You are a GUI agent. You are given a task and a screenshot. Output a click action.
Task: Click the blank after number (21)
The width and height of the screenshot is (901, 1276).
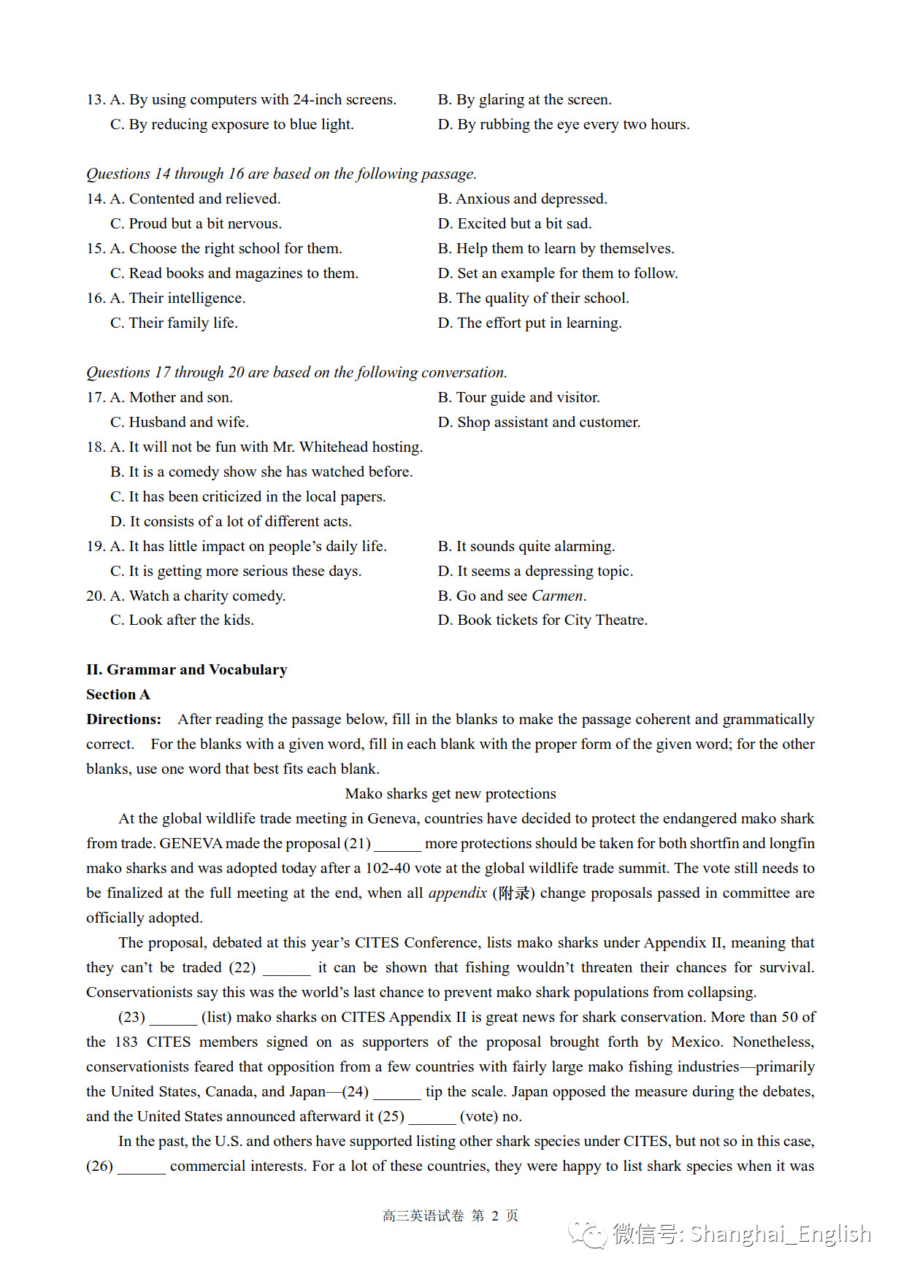pyautogui.click(x=397, y=845)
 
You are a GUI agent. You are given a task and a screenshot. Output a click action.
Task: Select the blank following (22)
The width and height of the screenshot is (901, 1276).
pyautogui.click(x=286, y=969)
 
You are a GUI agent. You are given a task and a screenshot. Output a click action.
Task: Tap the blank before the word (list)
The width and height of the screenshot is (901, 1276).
pyautogui.click(x=173, y=1018)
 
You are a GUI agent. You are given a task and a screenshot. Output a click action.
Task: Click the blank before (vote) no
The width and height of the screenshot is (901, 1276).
pyautogui.click(x=432, y=1118)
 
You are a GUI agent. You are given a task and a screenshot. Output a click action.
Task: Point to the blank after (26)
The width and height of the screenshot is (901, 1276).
pyautogui.click(x=142, y=1167)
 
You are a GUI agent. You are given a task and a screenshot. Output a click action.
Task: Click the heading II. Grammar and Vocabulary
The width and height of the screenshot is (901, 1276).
pyautogui.click(x=187, y=669)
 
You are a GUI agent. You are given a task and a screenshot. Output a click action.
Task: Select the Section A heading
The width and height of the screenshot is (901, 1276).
pyautogui.click(x=118, y=694)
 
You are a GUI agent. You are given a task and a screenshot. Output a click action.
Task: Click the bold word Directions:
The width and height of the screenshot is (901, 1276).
pyautogui.click(x=123, y=719)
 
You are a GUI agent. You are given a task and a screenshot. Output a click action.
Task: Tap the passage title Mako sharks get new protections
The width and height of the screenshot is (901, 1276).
pyautogui.click(x=451, y=793)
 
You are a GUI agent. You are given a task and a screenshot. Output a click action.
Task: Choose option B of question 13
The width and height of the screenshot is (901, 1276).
pyautogui.click(x=524, y=99)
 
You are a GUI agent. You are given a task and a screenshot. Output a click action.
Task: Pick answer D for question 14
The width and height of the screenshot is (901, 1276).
pyautogui.click(x=515, y=223)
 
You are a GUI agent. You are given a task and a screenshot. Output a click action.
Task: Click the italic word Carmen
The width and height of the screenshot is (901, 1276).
pyautogui.click(x=557, y=596)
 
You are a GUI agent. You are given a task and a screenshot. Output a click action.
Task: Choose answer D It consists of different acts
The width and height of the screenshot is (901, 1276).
pyautogui.click(x=231, y=521)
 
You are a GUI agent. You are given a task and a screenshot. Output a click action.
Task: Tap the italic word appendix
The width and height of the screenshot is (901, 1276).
pyautogui.click(x=458, y=893)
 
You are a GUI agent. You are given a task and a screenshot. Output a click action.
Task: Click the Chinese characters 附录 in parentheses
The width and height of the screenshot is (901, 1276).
pyautogui.click(x=514, y=893)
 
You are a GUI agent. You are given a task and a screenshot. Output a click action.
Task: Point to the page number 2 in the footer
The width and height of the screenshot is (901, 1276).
pyautogui.click(x=495, y=1215)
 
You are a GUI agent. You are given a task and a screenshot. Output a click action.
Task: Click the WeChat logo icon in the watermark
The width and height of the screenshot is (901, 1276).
pyautogui.click(x=588, y=1234)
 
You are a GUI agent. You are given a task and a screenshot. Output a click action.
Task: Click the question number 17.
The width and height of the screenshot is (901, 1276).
pyautogui.click(x=95, y=397)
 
